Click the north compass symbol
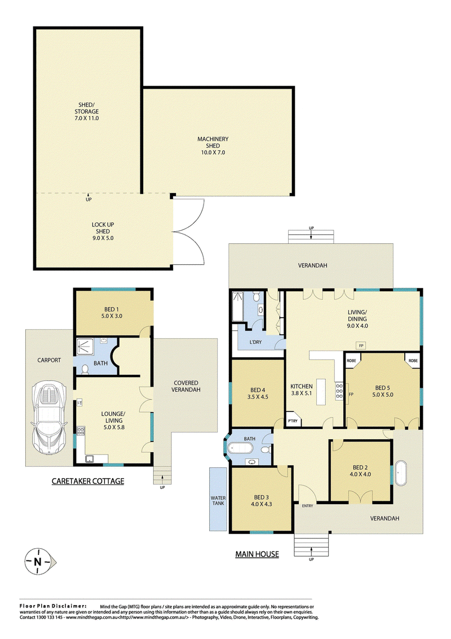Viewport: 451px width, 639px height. click(x=38, y=562)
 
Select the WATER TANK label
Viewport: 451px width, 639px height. click(x=217, y=501)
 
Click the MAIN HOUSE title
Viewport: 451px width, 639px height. click(x=257, y=554)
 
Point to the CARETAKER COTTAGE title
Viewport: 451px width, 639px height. click(x=87, y=482)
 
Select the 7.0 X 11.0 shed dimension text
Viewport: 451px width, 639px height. click(x=89, y=119)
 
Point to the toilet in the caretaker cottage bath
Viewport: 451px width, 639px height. click(x=85, y=369)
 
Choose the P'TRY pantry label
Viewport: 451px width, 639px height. click(x=293, y=421)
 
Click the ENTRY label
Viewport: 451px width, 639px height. click(x=307, y=506)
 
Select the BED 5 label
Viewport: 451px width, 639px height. click(x=383, y=387)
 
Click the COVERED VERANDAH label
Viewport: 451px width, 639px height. click(x=186, y=386)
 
